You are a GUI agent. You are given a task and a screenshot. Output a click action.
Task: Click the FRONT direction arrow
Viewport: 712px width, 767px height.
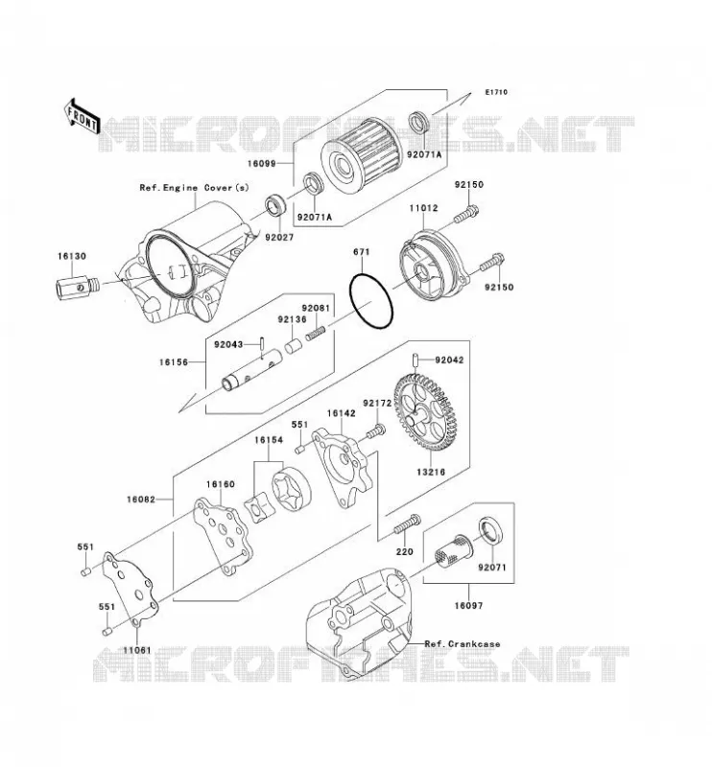(82, 117)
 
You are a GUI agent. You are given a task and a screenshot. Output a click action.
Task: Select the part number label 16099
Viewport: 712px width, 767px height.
(262, 164)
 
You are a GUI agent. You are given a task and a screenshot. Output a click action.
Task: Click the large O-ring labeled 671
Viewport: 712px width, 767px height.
(371, 301)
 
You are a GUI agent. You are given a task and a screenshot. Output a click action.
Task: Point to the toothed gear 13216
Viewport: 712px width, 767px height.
(422, 412)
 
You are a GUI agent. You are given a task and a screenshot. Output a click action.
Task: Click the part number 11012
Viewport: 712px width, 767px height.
(423, 208)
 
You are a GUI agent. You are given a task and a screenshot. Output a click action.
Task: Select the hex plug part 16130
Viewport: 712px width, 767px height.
(75, 286)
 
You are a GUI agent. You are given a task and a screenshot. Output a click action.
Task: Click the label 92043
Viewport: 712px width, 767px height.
(228, 344)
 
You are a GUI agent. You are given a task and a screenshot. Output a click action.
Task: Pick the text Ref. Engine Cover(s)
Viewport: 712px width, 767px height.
(195, 188)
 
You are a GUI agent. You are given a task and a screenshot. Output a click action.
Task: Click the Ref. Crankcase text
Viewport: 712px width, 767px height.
(463, 643)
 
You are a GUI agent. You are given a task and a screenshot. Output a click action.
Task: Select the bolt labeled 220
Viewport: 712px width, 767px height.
(407, 524)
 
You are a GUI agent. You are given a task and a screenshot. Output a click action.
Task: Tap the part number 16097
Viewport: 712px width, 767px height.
(468, 606)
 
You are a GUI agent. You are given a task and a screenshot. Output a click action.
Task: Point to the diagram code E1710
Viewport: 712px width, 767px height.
(496, 92)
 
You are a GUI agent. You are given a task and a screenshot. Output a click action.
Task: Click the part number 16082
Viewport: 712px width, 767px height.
(140, 500)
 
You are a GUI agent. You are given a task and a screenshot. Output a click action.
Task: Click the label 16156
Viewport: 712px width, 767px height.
(174, 362)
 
